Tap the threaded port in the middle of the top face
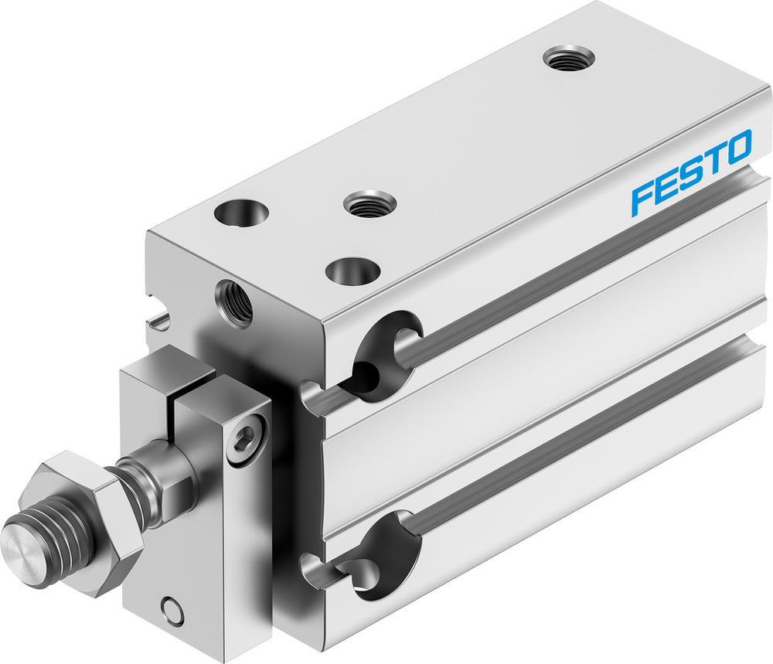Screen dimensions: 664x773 pos(369,205)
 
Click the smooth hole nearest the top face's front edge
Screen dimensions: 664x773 pos(352,271)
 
